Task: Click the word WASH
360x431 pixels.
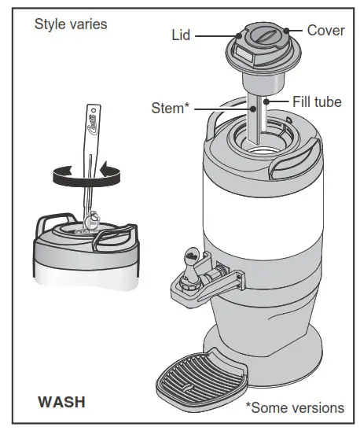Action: [61, 402]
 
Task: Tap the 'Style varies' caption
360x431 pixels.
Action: [71, 24]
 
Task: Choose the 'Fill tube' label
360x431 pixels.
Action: [317, 101]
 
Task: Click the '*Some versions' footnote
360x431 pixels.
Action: [294, 407]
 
